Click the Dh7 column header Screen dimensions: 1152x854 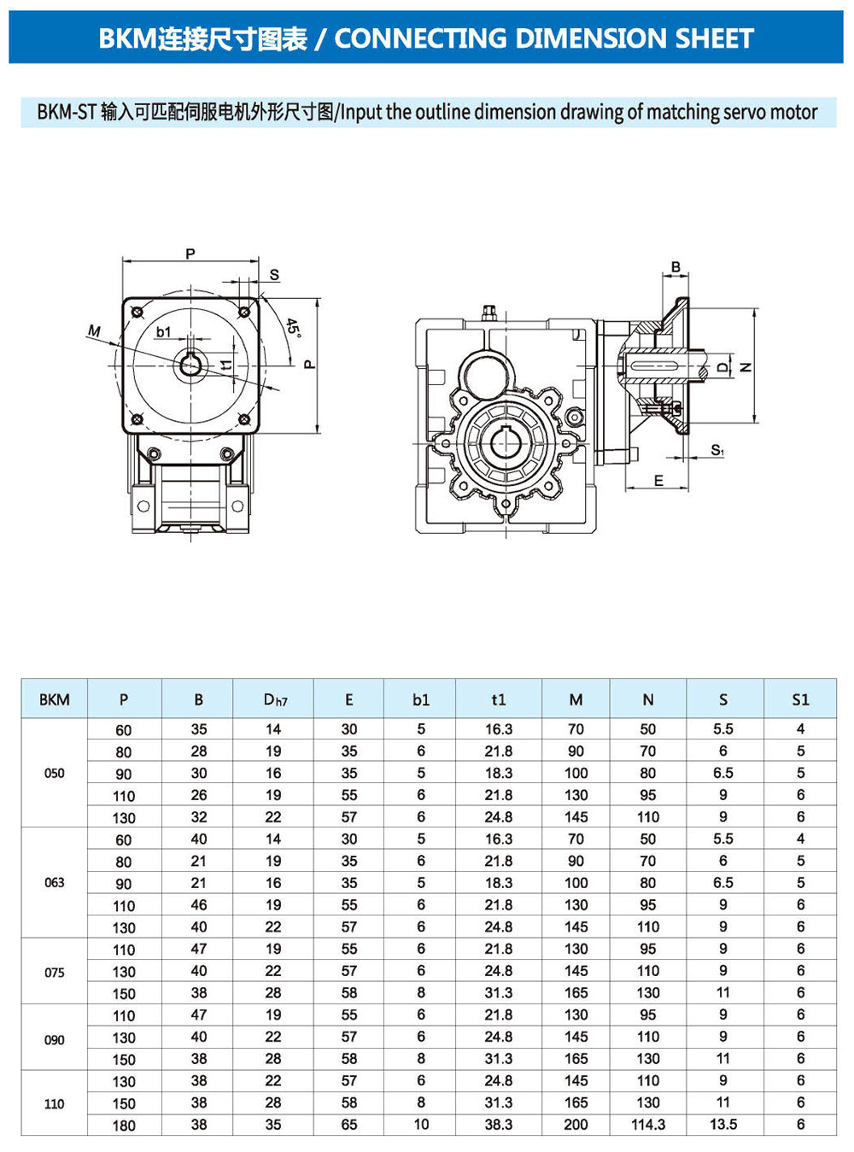[x=275, y=700]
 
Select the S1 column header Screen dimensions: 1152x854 [x=800, y=700]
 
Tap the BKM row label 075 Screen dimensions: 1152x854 [x=54, y=972]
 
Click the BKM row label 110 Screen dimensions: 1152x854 [x=54, y=1103]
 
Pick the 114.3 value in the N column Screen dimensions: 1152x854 [x=648, y=1125]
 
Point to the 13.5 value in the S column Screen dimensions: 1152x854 [x=723, y=1125]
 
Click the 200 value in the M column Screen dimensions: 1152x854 [x=576, y=1125]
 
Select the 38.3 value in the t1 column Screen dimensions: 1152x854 [x=499, y=1125]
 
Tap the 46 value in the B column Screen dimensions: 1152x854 [x=199, y=904]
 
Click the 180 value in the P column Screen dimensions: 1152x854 [x=124, y=1126]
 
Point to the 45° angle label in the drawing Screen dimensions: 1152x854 [x=293, y=328]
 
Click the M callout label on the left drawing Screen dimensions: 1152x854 [x=94, y=330]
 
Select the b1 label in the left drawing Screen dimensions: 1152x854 [x=164, y=331]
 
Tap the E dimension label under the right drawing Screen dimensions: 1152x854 [x=658, y=481]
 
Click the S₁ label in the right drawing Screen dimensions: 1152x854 [x=717, y=450]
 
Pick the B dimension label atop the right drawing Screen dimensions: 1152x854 [x=676, y=267]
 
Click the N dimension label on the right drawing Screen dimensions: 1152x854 [x=746, y=367]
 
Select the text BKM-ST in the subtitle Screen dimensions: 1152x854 [x=66, y=112]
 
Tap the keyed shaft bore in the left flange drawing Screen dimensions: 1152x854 [x=190, y=365]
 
